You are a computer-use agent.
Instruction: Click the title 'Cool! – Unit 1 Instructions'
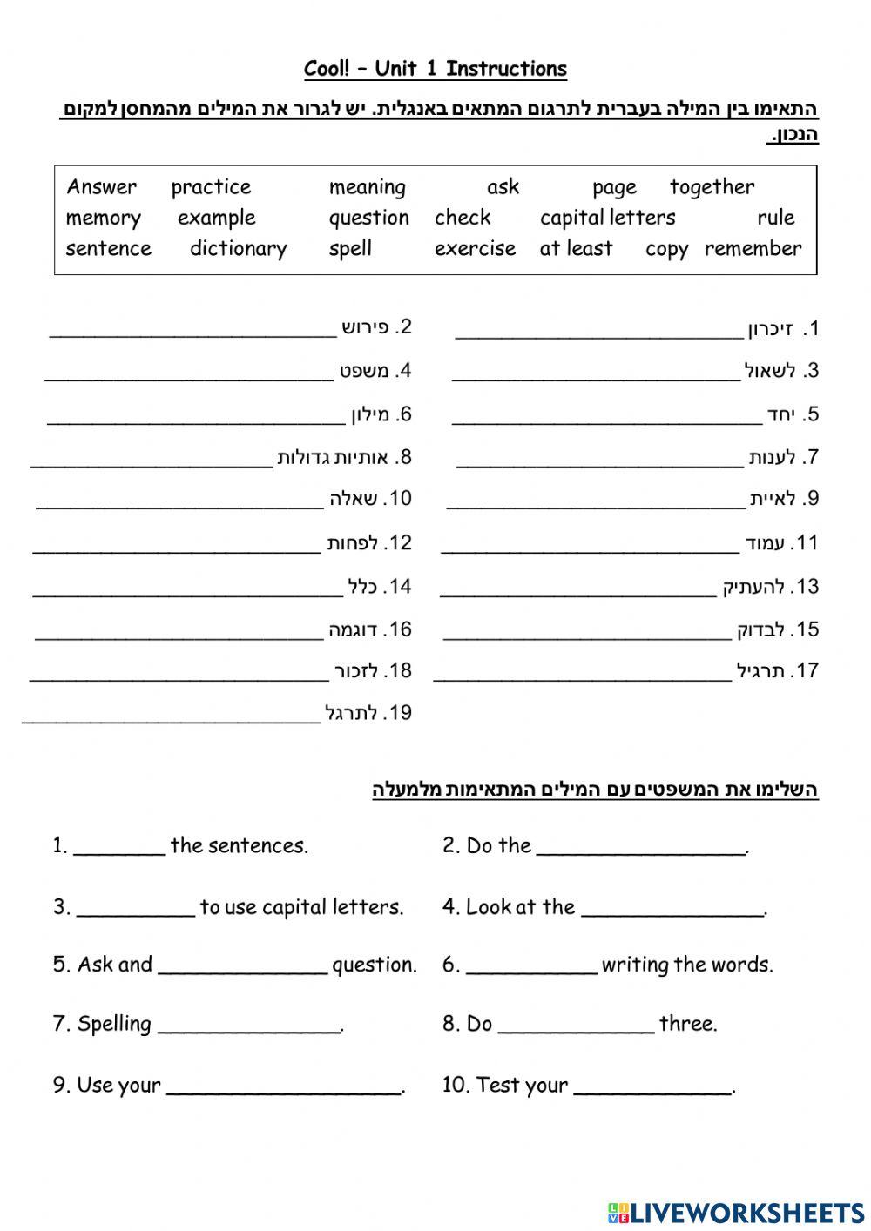pos(435,69)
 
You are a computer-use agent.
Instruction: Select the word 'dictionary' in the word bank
pos(238,249)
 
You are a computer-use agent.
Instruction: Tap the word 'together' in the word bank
pos(712,187)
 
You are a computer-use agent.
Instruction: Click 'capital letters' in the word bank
pos(607,218)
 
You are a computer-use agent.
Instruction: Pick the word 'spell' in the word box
pos(350,249)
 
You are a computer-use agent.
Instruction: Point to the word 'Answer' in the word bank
pos(102,187)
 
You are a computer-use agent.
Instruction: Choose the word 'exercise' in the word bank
pos(475,249)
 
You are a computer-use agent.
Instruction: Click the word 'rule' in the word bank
pos(775,218)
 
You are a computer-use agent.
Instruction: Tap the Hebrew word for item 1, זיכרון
pos(770,329)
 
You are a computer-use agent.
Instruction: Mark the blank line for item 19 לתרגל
pos(171,721)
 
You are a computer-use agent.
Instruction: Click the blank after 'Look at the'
pos(672,913)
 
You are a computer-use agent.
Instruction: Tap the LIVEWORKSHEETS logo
pos(736,1213)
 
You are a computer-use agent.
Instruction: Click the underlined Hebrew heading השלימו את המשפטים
pos(595,790)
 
